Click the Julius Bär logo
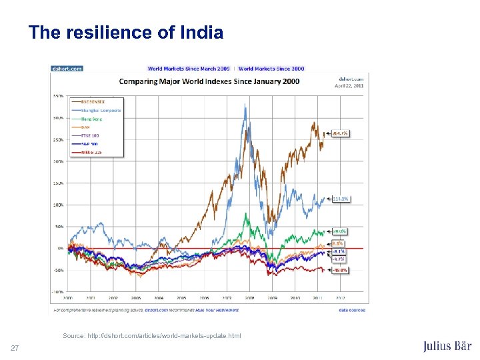tap(447, 346)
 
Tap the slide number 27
tap(15, 348)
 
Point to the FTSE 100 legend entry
tap(91, 135)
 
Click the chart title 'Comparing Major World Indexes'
tap(209, 81)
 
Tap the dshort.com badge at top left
tap(67, 68)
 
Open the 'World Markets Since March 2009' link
tap(189, 68)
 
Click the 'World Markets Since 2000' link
tap(271, 68)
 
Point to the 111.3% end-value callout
tap(340, 199)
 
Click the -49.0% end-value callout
tap(340, 270)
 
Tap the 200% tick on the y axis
tap(58, 161)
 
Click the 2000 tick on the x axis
tap(67, 297)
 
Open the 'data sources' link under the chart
tap(351, 310)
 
